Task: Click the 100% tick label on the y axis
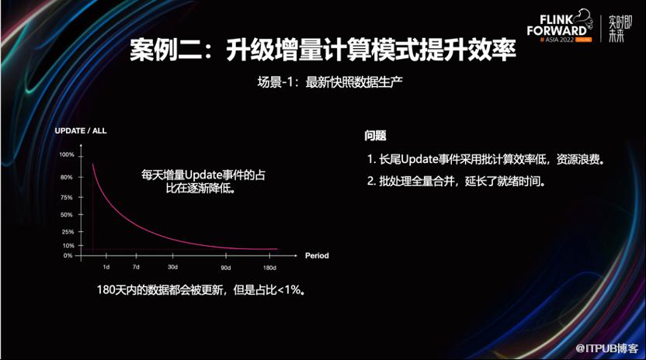coord(67,155)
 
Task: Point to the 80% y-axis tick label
coord(67,178)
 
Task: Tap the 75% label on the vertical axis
coord(67,198)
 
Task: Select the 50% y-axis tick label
coord(67,215)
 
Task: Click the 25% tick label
coord(68,232)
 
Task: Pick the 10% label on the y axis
coord(68,245)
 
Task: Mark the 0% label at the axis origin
coord(68,256)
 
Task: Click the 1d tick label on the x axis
coord(106,268)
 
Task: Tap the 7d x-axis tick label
coord(136,268)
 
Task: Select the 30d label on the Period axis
coord(172,268)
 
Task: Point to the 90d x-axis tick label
coord(226,268)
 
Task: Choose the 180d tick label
coord(270,268)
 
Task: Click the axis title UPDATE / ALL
coord(81,131)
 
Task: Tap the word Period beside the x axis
coord(317,256)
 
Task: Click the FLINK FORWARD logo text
coord(557,26)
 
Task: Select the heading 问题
coord(375,136)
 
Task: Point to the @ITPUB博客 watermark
coord(607,348)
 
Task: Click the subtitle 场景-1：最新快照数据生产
coord(330,82)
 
